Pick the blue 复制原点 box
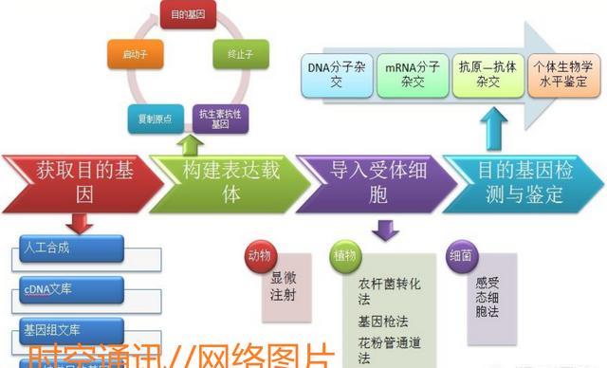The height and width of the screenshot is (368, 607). [x=150, y=120]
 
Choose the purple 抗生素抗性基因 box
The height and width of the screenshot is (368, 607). [x=219, y=120]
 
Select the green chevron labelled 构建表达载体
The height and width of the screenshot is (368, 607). [x=224, y=181]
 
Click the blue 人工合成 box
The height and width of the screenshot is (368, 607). [x=72, y=248]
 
